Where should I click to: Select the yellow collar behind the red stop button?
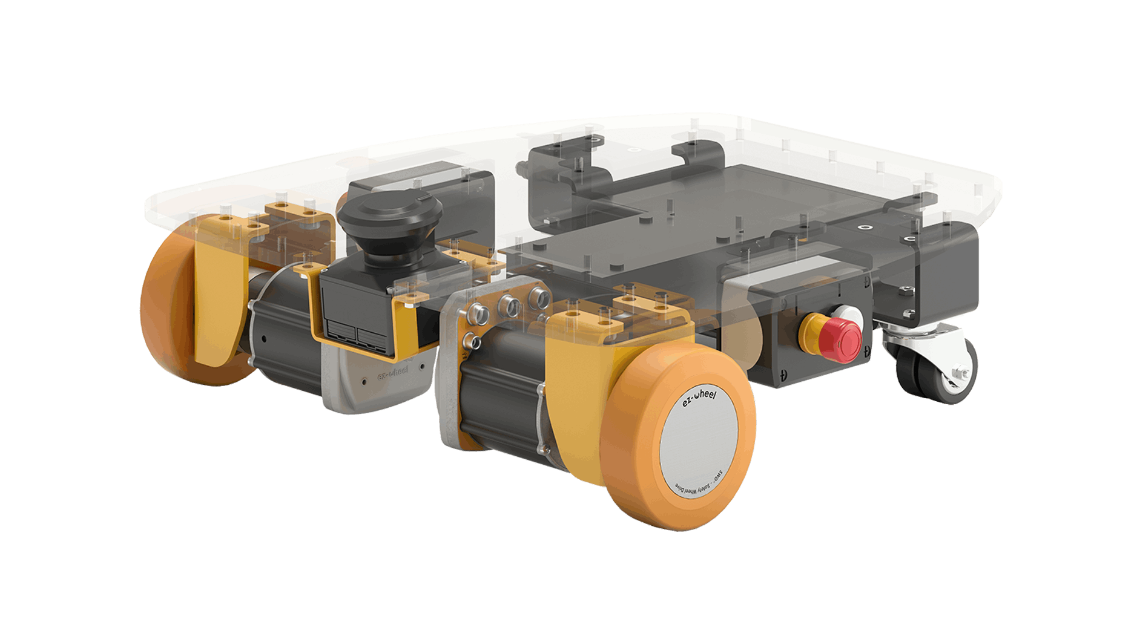click(811, 330)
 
